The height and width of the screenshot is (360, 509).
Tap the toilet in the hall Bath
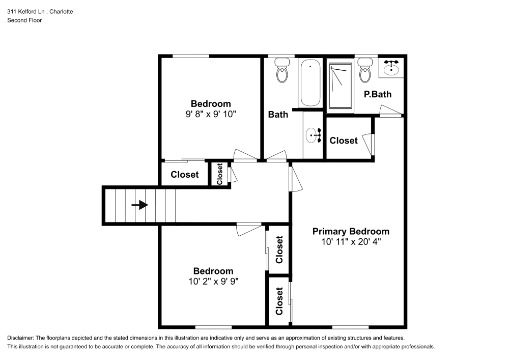tap(282, 71)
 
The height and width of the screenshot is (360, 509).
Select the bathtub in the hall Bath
tap(310, 82)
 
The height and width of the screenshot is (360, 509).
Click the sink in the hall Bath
tap(312, 135)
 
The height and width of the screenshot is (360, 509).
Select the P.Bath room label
tap(377, 94)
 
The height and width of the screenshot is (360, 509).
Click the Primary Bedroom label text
tap(351, 231)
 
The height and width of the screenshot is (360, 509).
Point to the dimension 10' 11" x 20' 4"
tap(351, 242)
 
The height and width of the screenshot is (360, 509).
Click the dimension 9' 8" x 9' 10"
tap(211, 114)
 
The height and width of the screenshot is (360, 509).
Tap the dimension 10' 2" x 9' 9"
tap(213, 281)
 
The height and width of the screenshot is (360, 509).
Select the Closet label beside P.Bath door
tap(344, 141)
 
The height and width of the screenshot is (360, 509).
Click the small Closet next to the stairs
tap(220, 174)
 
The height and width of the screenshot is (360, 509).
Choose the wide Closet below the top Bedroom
tap(185, 175)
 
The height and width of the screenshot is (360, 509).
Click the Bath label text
tap(278, 115)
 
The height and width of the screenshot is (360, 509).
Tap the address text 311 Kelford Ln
tap(31, 11)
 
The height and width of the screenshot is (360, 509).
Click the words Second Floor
tap(24, 20)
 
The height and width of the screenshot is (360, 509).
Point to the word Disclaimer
tap(20, 338)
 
